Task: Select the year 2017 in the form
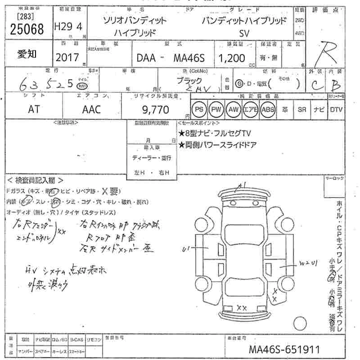point(67,58)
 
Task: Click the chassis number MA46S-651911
point(284,349)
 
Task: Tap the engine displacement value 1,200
point(232,58)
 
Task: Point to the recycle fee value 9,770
point(154,110)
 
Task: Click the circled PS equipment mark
point(199,109)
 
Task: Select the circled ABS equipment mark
point(268,109)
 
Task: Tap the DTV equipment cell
point(336,109)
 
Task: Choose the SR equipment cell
point(301,109)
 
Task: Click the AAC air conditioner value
point(91,110)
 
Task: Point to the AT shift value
point(34,110)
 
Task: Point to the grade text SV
point(243,32)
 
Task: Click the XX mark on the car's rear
point(242,308)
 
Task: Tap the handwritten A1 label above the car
point(243,184)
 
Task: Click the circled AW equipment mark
point(233,109)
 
